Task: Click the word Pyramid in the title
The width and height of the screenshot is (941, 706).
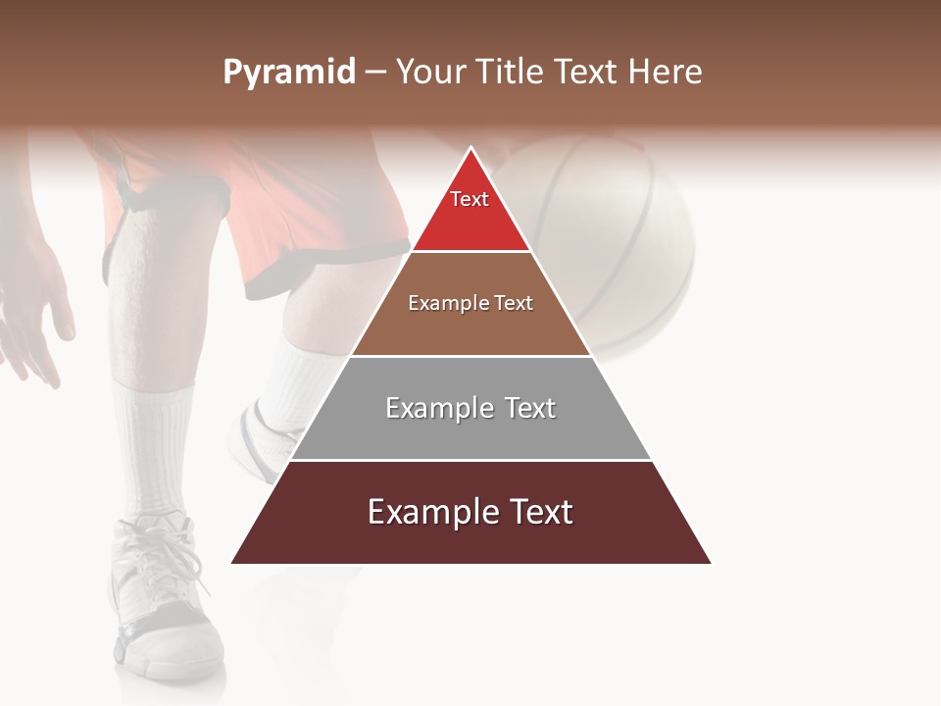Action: coord(288,73)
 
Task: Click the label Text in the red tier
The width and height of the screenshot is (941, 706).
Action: coord(470,199)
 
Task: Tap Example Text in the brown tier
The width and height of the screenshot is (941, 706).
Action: coord(470,303)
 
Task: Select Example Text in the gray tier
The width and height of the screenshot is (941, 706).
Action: coord(470,408)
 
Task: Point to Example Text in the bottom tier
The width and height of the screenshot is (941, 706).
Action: coord(470,512)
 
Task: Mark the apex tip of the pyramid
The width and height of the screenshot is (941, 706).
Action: coord(471,149)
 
